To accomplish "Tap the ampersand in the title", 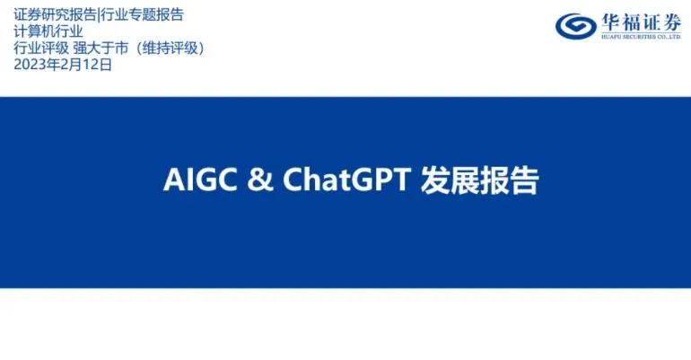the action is click(x=260, y=180).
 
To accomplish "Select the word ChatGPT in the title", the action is click(x=346, y=180).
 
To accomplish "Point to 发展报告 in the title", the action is click(x=479, y=180).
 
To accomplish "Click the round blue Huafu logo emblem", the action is click(x=575, y=26).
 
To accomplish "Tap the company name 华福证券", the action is click(x=642, y=22).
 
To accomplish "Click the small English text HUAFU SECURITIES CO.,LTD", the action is click(x=642, y=37).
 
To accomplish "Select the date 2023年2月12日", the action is click(x=63, y=65).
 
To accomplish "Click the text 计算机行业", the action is click(x=48, y=31).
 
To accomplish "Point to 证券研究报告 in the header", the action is click(x=55, y=15).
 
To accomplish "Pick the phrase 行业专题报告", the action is click(x=142, y=15).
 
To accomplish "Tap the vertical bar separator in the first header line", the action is click(x=98, y=15).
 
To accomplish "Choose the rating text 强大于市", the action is click(x=101, y=48).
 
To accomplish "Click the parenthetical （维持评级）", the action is click(x=171, y=48).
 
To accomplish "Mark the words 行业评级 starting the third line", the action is click(x=41, y=48).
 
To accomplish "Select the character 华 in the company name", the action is click(x=611, y=22).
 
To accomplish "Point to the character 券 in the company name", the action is click(x=671, y=22).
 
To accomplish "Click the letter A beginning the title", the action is click(x=172, y=180).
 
